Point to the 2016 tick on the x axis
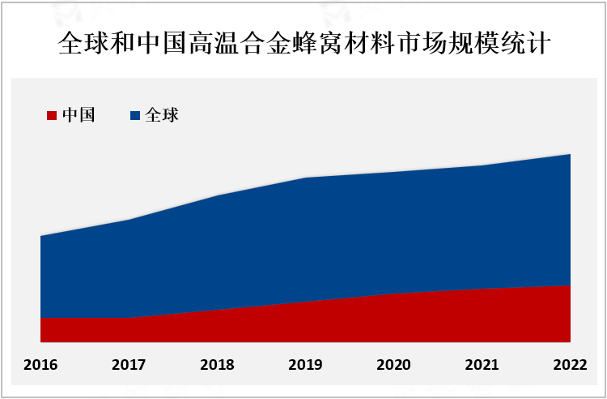[40, 365]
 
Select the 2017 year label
[129, 365]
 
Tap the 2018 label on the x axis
[217, 365]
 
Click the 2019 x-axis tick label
[305, 365]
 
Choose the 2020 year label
[394, 365]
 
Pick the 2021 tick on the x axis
[482, 365]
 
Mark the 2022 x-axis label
[571, 365]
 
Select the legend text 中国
[79, 115]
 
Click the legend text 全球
[161, 115]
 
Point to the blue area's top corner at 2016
[40, 236]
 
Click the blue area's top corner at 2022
[571, 154]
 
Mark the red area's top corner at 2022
[571, 285]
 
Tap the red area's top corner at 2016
[40, 318]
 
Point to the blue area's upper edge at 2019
[305, 178]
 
